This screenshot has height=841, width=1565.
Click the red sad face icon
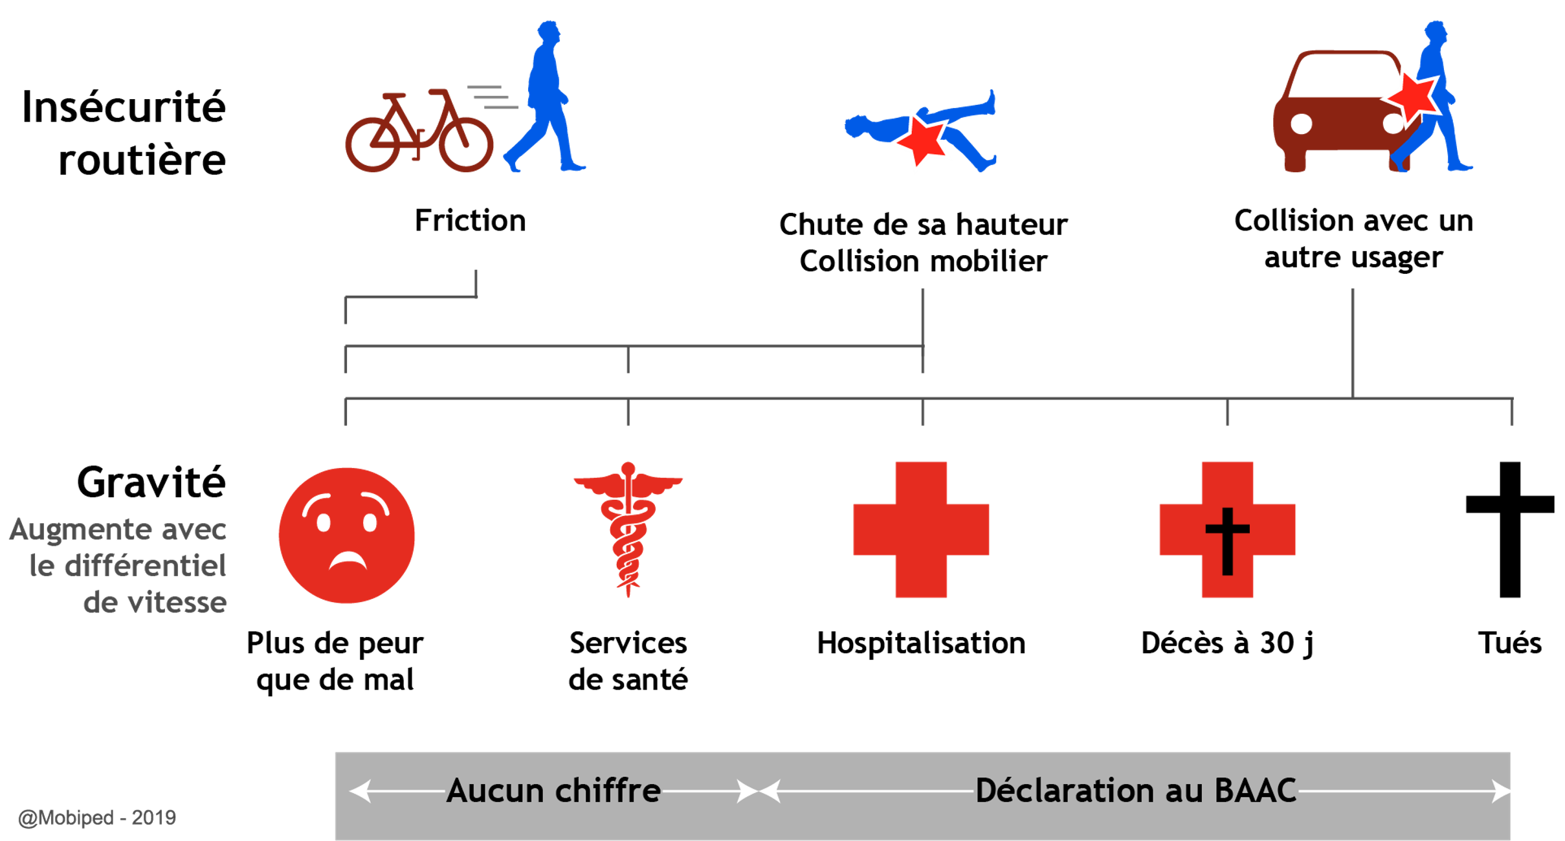(342, 535)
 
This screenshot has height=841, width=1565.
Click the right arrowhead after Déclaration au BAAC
(1502, 791)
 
